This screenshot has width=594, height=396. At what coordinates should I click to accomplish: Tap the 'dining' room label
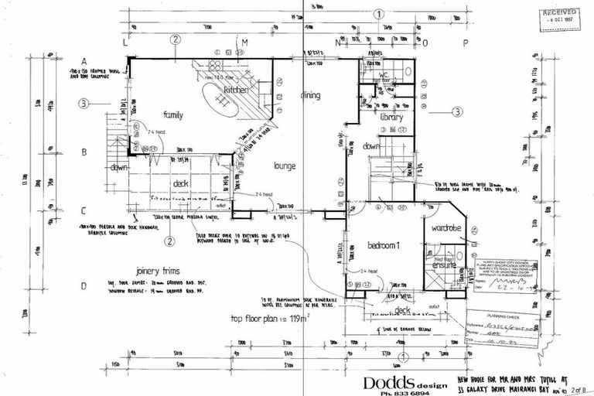point(310,95)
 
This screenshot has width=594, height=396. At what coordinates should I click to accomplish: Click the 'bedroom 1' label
point(384,245)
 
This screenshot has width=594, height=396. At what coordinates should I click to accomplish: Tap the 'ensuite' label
point(443,265)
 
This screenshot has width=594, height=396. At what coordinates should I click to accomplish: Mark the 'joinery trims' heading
point(146,271)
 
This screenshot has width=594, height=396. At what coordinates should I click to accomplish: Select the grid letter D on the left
point(84,285)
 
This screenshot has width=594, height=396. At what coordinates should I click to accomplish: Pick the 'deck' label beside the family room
point(181,183)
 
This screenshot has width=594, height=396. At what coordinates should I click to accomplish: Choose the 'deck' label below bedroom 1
point(402,310)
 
